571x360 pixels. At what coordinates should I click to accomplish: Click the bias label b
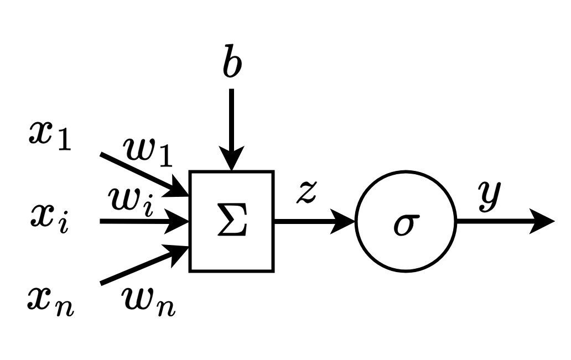[232, 65]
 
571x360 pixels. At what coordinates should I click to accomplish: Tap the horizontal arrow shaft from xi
[138, 222]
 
